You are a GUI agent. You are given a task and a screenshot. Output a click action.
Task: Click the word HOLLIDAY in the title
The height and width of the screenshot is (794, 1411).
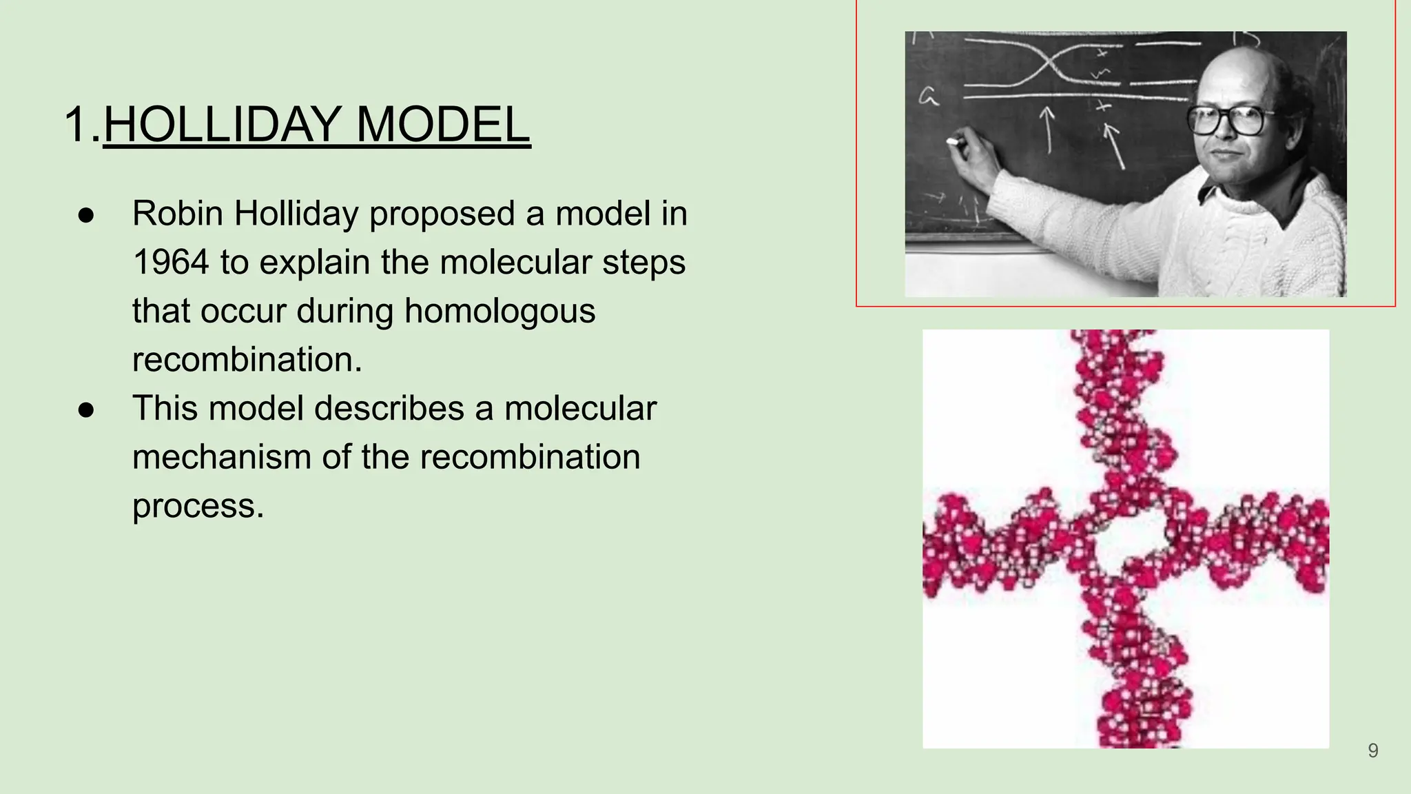point(221,125)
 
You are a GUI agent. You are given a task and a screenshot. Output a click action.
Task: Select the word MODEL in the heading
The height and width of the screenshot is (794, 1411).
point(442,125)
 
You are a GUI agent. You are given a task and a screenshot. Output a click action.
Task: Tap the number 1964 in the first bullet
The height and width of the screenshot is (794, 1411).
point(170,263)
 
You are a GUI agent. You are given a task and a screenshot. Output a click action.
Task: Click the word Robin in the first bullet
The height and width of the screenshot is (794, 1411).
point(177,214)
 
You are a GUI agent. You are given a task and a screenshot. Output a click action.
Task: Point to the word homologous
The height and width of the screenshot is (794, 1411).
point(499,311)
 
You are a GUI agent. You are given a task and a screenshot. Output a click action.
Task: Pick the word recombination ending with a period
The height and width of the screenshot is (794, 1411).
point(247,360)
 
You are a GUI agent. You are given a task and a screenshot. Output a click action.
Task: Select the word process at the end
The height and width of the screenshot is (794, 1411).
point(198,506)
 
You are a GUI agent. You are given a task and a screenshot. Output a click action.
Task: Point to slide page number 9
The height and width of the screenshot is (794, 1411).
point(1372,751)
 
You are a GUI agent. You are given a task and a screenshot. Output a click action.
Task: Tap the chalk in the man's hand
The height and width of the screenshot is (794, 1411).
point(954,141)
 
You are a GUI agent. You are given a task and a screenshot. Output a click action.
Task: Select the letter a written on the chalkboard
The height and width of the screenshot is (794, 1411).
point(929,98)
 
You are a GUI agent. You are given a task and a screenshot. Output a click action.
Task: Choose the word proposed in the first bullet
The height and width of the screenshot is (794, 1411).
point(442,214)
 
